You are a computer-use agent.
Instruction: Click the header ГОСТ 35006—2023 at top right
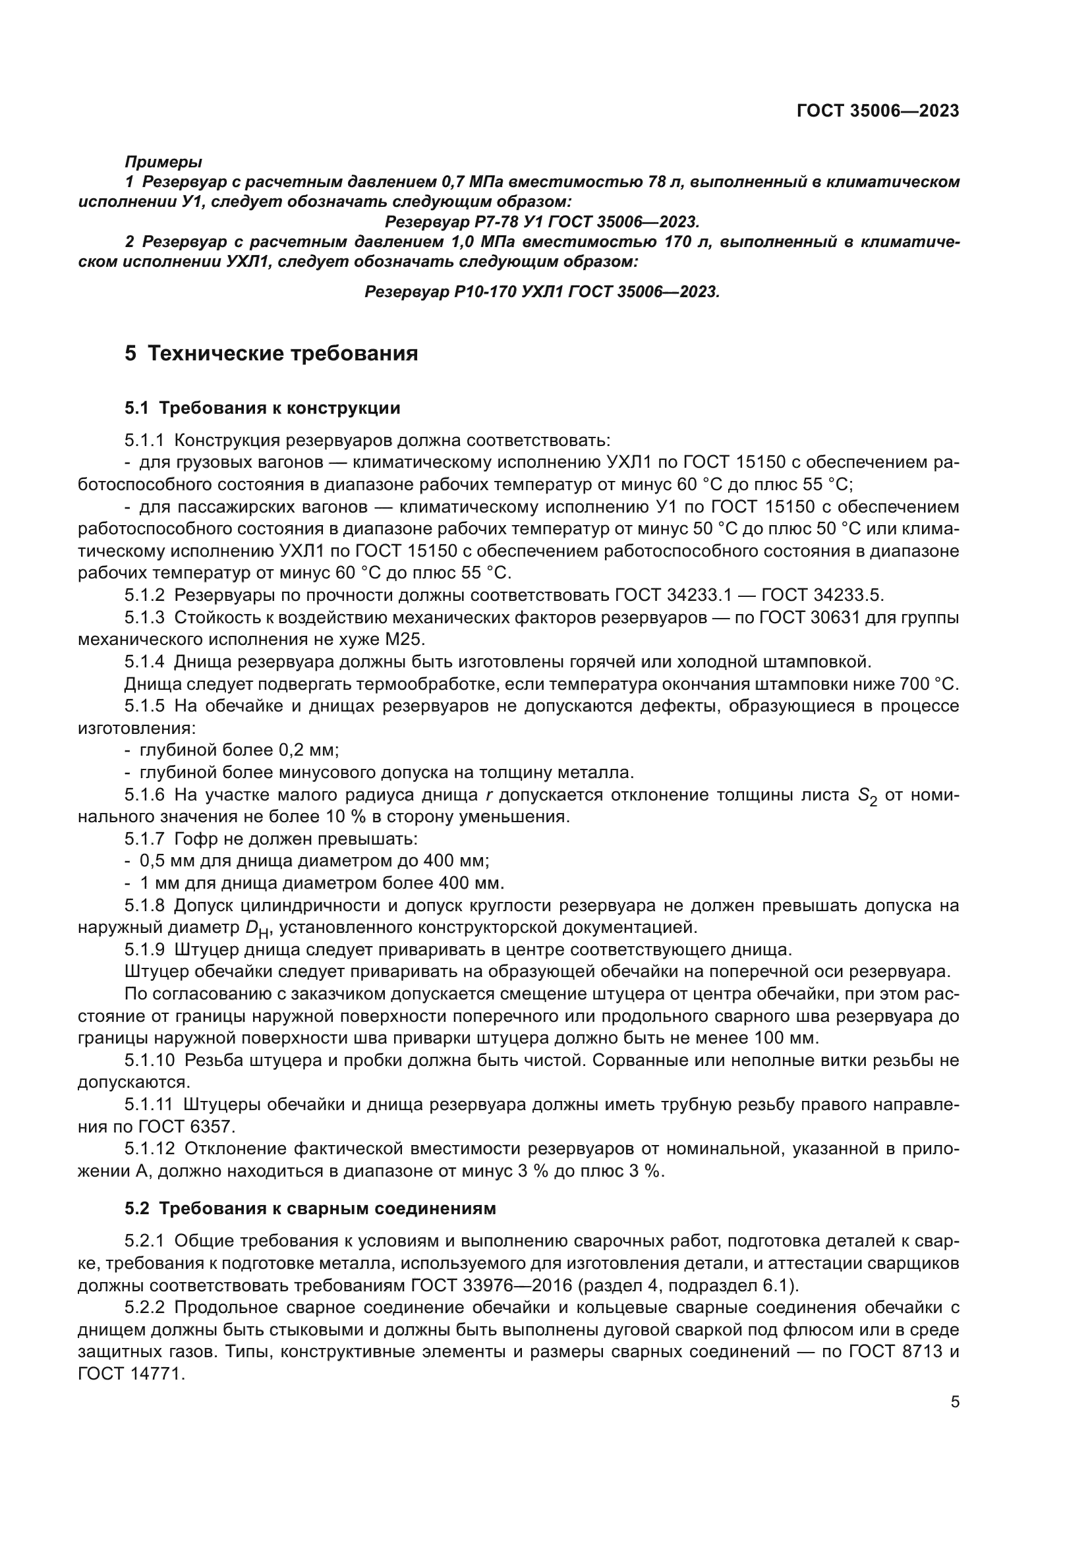point(877,111)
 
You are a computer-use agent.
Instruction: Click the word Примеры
point(163,162)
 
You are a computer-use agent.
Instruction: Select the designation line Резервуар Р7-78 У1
point(542,221)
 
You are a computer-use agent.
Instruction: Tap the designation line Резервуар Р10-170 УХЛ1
point(542,292)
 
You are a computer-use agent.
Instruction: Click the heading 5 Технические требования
point(271,354)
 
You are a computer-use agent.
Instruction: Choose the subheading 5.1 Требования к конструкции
point(262,408)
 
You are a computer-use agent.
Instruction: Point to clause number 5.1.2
point(144,596)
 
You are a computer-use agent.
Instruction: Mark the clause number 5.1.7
point(144,839)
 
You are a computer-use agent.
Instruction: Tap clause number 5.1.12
point(149,1148)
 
